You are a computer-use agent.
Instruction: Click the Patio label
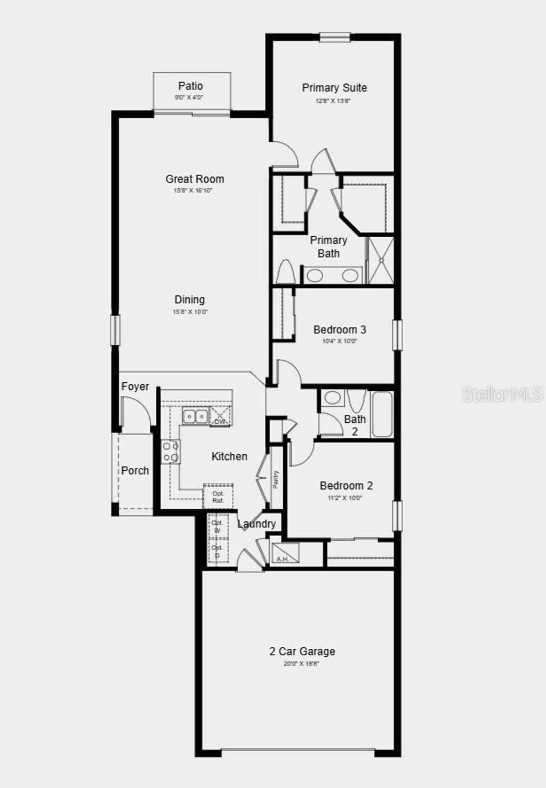point(190,86)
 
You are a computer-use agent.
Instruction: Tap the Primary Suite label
point(334,88)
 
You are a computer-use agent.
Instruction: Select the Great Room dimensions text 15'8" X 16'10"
point(193,190)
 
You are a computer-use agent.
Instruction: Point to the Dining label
point(190,300)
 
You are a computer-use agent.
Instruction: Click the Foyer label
point(135,387)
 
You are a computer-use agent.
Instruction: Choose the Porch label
point(135,470)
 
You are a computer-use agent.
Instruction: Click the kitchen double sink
point(195,416)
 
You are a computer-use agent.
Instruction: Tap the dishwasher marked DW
point(220,416)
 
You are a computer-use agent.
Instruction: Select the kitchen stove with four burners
point(171,452)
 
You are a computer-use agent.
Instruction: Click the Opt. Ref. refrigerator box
point(218,496)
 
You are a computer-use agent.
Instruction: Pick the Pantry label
point(276,479)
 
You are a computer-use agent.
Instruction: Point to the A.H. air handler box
point(285,553)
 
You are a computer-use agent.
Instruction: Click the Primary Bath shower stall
point(381,261)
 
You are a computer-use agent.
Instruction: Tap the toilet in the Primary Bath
point(286,272)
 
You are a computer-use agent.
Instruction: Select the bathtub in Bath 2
point(382,414)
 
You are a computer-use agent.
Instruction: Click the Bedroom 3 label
point(340,329)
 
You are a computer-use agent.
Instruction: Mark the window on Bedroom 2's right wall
point(397,516)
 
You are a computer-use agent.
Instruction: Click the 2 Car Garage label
point(302,651)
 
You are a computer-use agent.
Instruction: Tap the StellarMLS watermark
point(502,395)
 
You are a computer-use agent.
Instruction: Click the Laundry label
point(256,524)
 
